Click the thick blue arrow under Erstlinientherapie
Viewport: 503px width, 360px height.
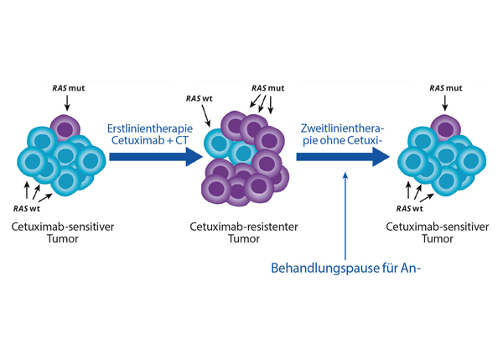tap(155, 157)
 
